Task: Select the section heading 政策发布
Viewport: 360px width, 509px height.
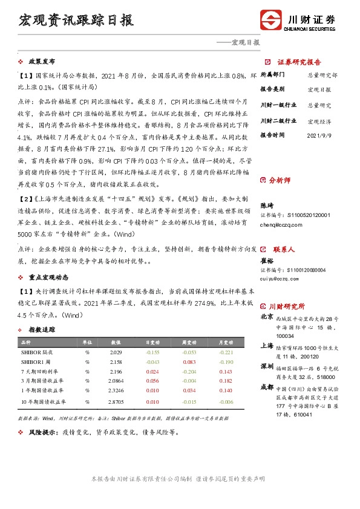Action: point(42,62)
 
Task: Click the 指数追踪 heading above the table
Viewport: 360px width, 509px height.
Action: point(42,329)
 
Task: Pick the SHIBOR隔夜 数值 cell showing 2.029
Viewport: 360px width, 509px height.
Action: point(116,352)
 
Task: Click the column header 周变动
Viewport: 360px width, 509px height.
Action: point(189,342)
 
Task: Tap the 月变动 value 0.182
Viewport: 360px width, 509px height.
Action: point(226,381)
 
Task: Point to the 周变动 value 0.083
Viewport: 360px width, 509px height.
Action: point(189,361)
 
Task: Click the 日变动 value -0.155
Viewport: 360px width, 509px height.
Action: point(153,352)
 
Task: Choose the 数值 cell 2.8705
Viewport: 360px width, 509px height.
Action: point(116,401)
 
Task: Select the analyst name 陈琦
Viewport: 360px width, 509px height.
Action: point(266,205)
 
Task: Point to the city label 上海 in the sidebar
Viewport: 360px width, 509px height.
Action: point(266,346)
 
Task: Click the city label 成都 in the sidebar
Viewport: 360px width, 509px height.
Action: point(266,386)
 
